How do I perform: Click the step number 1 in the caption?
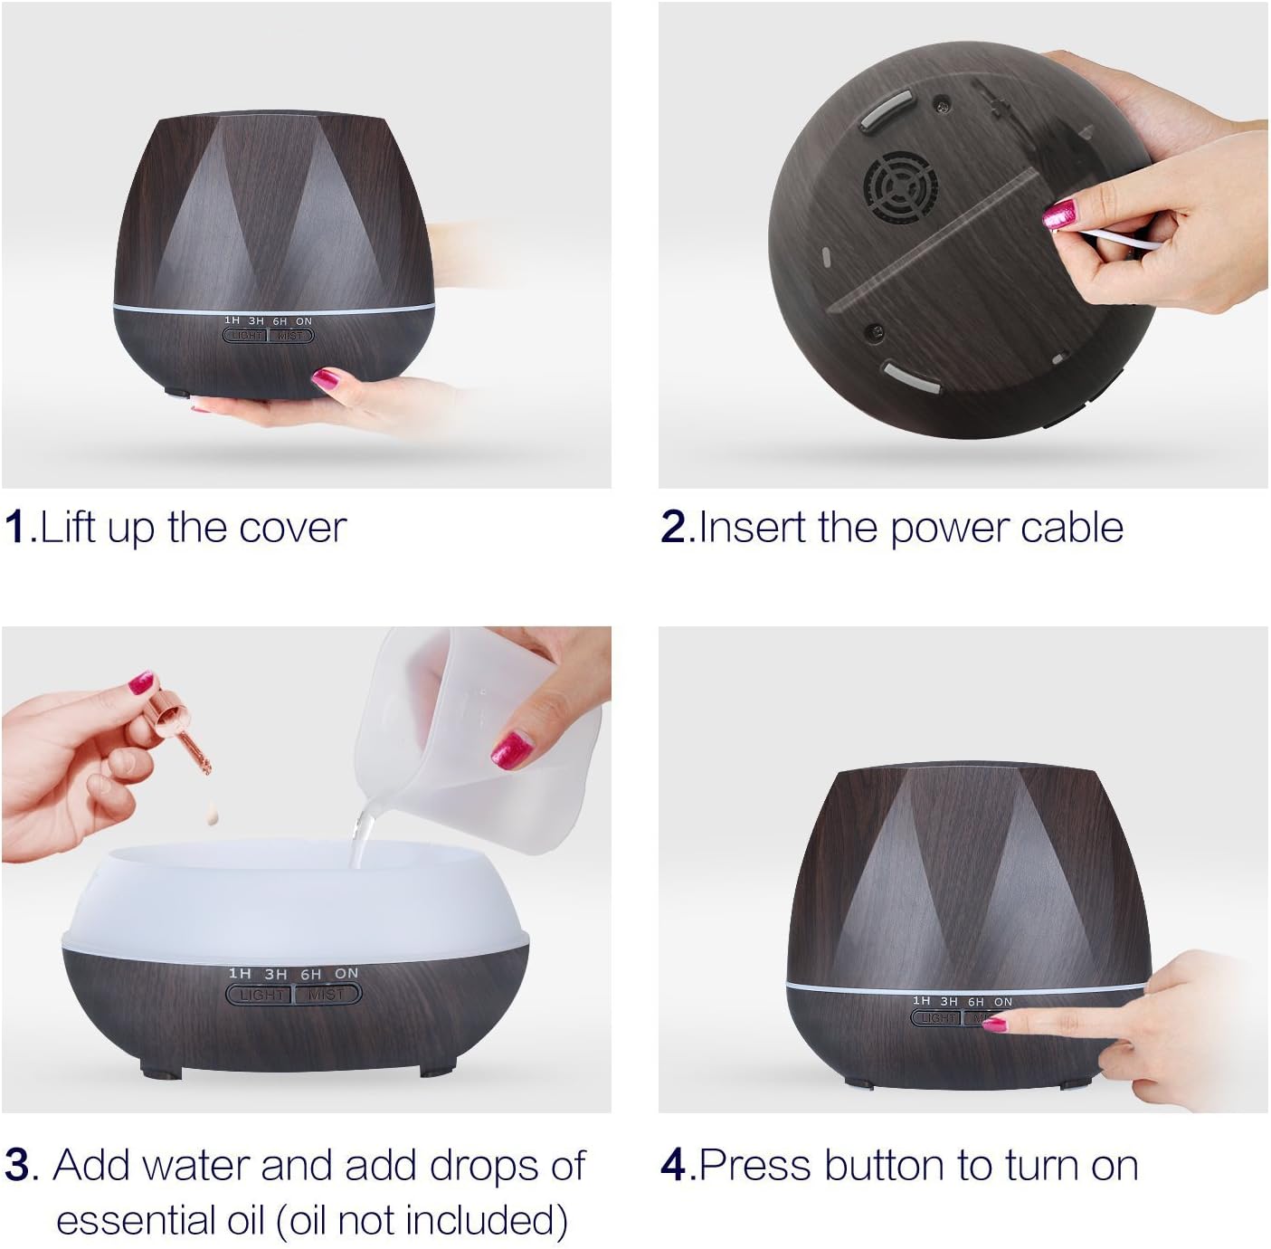16,527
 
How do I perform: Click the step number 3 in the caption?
17,1165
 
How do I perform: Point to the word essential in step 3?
159,1219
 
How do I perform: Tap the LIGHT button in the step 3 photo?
261,994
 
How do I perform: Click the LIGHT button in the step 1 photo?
245,336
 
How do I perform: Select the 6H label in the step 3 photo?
310,974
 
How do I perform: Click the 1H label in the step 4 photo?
921,1001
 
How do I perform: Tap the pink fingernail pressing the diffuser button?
994,1024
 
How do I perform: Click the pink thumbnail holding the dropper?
141,682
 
